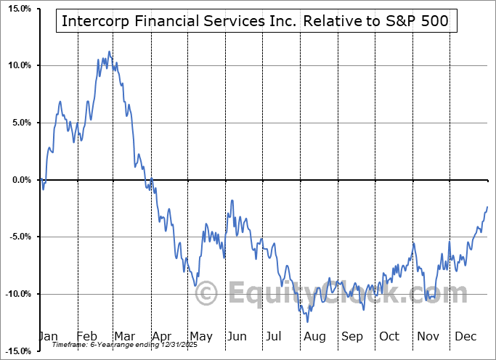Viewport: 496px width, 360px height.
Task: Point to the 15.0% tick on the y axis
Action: pos(18,9)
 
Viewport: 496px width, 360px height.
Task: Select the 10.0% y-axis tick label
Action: pos(18,65)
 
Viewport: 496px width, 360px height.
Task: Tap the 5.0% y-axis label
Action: pos(20,123)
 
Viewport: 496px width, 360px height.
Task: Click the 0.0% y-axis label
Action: pos(20,180)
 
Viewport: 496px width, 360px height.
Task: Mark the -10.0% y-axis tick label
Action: pos(17,294)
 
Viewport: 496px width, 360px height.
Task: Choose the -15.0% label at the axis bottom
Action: pos(17,351)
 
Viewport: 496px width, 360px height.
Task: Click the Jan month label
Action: pos(49,337)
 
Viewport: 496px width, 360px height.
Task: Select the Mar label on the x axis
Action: pos(125,337)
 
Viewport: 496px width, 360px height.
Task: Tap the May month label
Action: pos(200,337)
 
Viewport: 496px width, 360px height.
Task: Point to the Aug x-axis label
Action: pos(314,337)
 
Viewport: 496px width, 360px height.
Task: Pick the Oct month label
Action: pos(389,337)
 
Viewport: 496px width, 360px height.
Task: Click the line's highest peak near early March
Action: pos(110,52)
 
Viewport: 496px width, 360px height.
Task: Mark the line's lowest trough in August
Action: pos(308,322)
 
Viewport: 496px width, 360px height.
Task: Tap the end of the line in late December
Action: pos(487,207)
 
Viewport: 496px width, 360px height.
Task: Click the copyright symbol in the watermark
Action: pos(207,294)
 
